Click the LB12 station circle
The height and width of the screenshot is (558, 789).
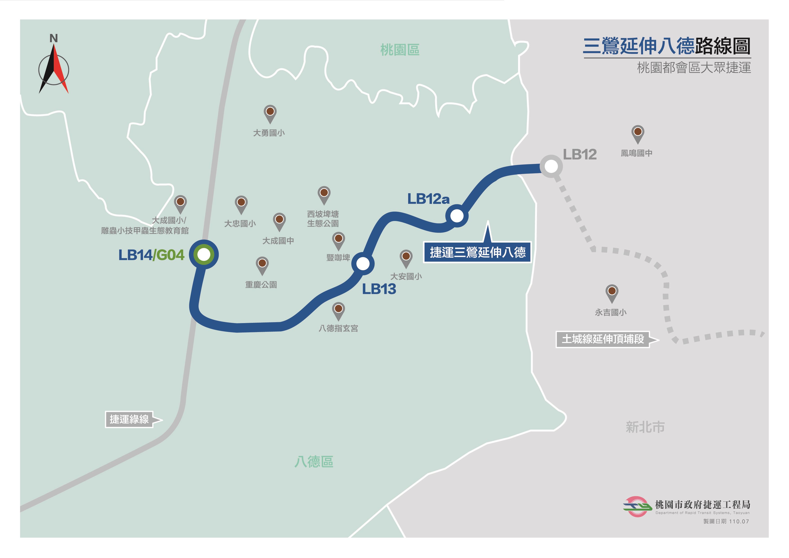click(551, 167)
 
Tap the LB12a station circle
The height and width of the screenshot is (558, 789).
click(457, 216)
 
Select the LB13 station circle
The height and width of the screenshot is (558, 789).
click(363, 263)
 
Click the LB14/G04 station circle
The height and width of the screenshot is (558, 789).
click(204, 254)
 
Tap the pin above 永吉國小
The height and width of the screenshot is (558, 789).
click(612, 292)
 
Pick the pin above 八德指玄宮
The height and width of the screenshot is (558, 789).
click(338, 310)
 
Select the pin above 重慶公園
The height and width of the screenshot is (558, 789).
click(262, 265)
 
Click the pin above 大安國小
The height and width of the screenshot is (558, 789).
click(406, 257)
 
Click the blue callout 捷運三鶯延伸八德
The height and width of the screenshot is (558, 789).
click(477, 252)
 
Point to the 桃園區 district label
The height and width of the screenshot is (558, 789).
click(400, 50)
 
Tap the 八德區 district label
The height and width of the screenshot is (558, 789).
click(314, 462)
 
